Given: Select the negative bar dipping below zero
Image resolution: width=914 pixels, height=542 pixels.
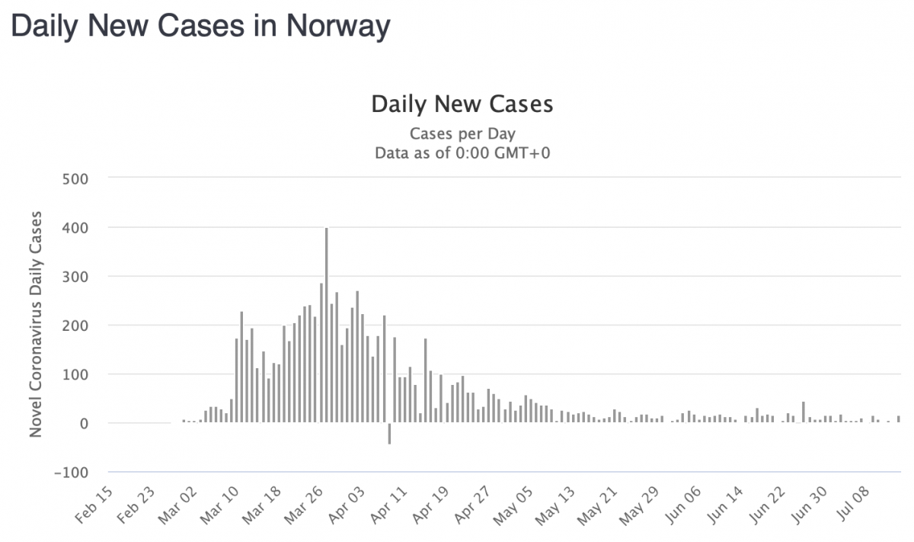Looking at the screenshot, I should [389, 433].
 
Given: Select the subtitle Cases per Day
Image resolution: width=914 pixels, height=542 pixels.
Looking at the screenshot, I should [462, 134].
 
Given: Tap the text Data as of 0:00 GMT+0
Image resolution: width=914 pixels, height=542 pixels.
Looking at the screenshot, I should [462, 152].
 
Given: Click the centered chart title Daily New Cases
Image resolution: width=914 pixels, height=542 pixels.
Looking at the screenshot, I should [462, 104].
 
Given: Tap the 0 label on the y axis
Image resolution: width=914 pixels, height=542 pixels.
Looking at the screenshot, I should [84, 423].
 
